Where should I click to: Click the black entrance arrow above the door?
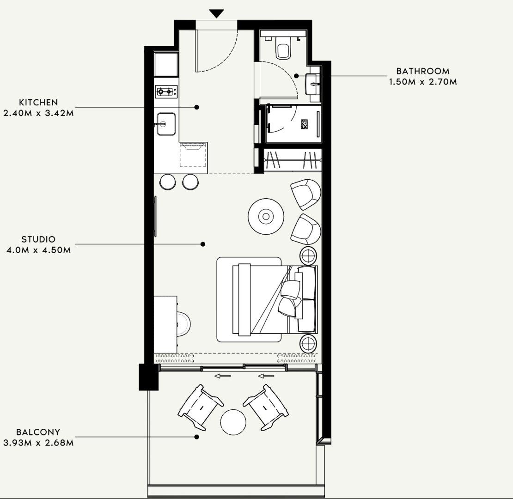point(216,13)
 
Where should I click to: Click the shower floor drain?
point(304,124)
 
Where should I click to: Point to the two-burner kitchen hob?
point(166,91)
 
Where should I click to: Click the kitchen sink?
point(166,124)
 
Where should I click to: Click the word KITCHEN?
point(38,102)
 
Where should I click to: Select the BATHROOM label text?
point(422,71)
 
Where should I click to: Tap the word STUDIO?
point(38,239)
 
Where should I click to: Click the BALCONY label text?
point(38,432)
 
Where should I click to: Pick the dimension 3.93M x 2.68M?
point(38,443)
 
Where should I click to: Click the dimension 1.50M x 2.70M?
point(422,82)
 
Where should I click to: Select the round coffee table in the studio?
point(265,216)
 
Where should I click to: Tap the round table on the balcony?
point(233,422)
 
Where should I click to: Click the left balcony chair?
point(200,407)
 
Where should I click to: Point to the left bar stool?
point(167,182)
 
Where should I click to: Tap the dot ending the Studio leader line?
point(202,244)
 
